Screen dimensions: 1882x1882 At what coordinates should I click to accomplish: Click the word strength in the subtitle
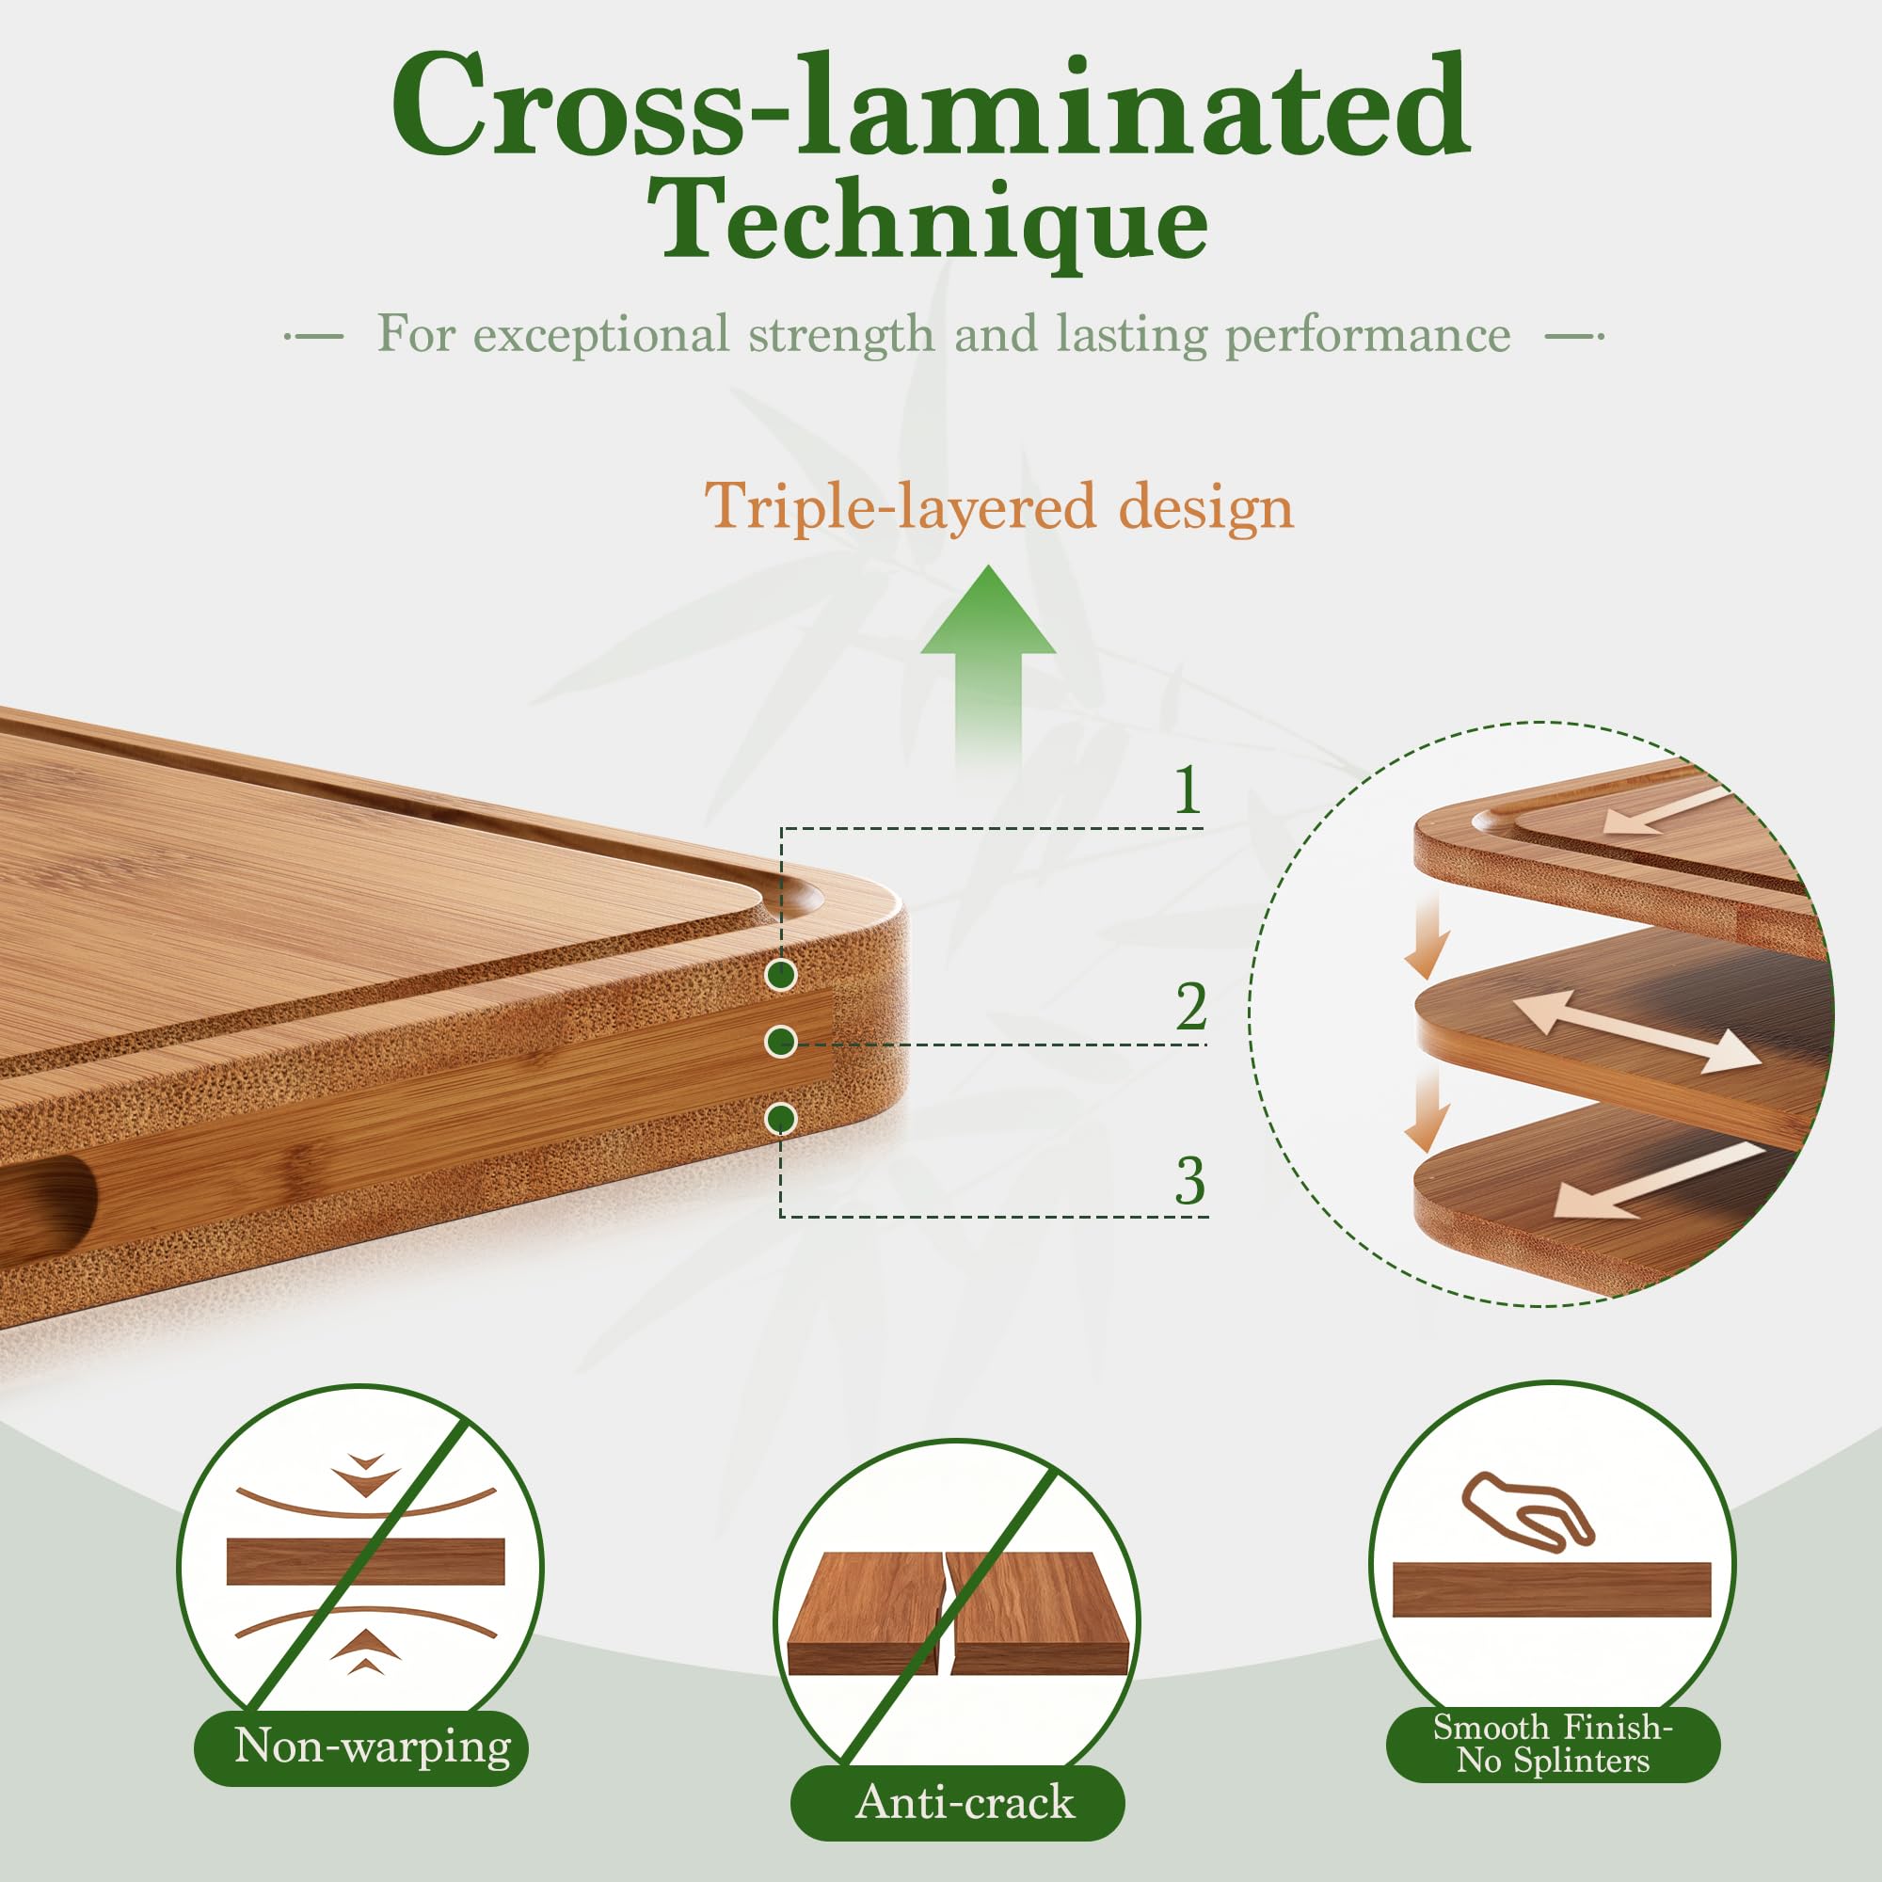840,334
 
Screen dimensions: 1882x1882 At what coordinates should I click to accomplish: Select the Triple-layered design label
998,506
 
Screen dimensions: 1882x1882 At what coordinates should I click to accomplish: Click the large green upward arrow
988,672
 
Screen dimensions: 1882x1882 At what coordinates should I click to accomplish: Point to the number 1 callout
1187,789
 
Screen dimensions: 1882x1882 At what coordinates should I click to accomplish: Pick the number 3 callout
1189,1181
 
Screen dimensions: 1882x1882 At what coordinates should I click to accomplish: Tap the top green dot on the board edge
780,974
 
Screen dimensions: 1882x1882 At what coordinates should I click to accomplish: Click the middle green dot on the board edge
780,1043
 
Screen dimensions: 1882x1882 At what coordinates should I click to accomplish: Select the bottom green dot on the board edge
780,1119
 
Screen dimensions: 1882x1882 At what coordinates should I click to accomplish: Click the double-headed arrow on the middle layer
1636,1031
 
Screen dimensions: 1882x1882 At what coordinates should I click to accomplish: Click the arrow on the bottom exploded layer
1656,1182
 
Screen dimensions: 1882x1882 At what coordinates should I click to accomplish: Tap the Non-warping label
372,1746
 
